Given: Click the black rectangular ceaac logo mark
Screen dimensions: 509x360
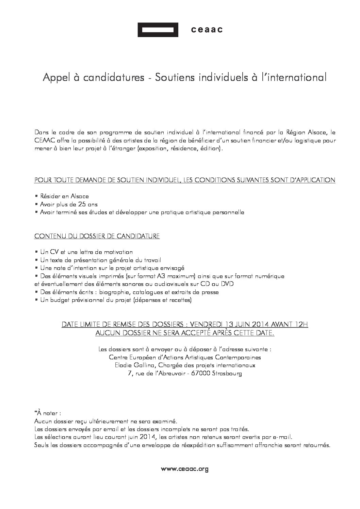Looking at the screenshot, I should pos(158,30).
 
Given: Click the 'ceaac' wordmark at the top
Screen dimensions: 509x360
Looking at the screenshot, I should pos(207,30).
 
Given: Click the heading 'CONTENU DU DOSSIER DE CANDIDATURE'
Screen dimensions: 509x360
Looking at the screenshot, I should pos(97,236).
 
